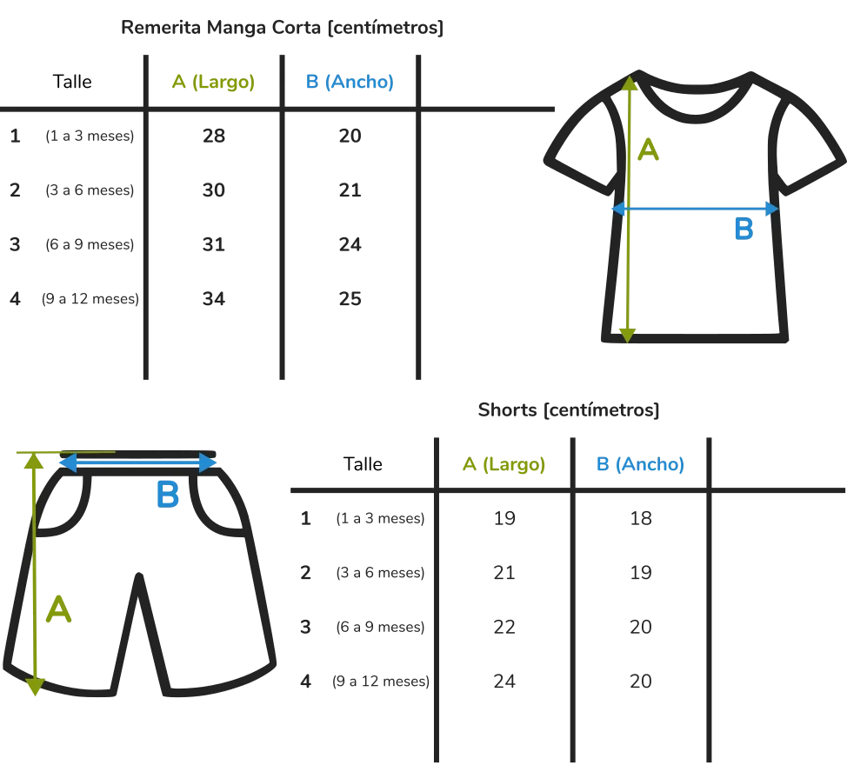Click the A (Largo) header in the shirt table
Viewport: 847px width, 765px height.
pyautogui.click(x=214, y=83)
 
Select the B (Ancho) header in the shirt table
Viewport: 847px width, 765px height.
pyautogui.click(x=350, y=83)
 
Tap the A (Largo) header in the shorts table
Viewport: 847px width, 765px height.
pyautogui.click(x=504, y=464)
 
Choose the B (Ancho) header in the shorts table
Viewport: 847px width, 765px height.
pyautogui.click(x=640, y=464)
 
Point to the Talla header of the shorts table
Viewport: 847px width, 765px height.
pyautogui.click(x=361, y=464)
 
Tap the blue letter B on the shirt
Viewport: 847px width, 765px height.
pyautogui.click(x=744, y=229)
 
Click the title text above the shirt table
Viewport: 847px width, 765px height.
pyautogui.click(x=281, y=27)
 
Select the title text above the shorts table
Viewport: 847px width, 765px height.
pyautogui.click(x=567, y=409)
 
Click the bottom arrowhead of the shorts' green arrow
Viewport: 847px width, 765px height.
pyautogui.click(x=34, y=689)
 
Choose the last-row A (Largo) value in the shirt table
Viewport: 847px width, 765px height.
pyautogui.click(x=215, y=296)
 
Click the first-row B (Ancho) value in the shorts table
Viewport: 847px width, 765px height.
pyautogui.click(x=639, y=518)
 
